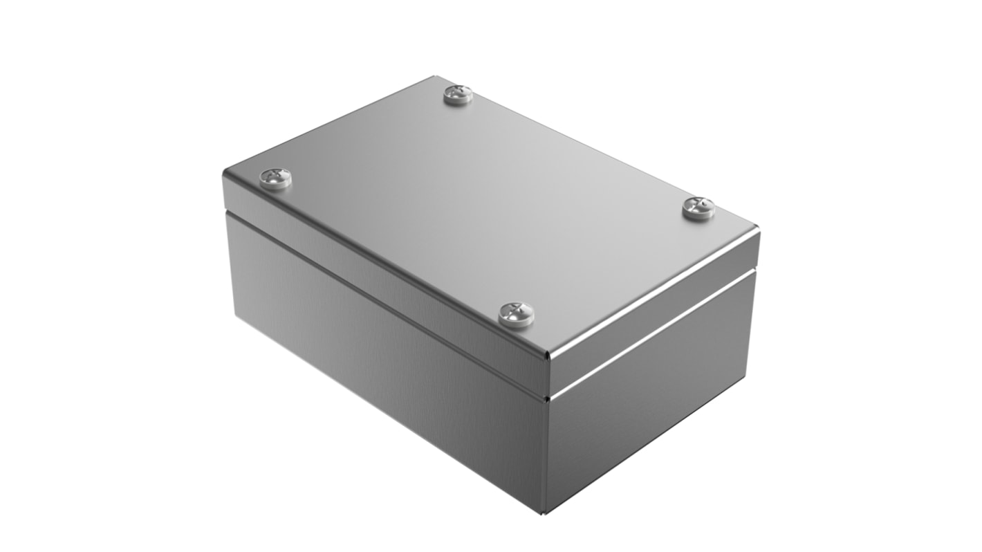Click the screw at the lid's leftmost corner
click(275, 178)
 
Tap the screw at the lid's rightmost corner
click(698, 207)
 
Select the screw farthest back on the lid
click(458, 95)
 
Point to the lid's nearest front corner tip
click(548, 357)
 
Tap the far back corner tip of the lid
click(434, 77)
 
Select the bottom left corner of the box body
click(235, 318)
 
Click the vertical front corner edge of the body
click(546, 457)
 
